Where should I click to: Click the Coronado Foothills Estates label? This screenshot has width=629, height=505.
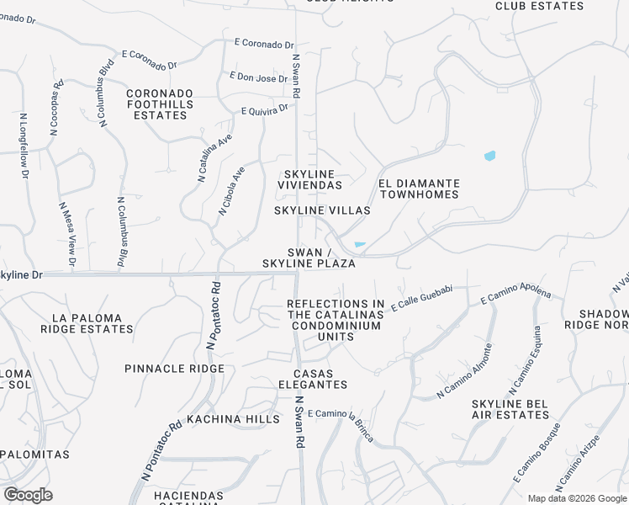(160, 104)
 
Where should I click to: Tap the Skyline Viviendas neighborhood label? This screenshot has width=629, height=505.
(310, 178)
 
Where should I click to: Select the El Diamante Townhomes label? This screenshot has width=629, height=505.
(419, 189)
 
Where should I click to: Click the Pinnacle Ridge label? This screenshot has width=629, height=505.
(174, 369)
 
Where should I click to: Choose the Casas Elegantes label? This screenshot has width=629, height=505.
(320, 379)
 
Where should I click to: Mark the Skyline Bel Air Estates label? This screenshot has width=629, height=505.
(510, 409)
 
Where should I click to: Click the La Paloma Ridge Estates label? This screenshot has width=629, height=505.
(92, 324)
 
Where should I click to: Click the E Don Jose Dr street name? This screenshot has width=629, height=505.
(259, 78)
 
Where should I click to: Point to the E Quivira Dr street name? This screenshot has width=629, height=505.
(265, 109)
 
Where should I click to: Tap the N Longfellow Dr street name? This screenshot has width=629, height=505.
(24, 146)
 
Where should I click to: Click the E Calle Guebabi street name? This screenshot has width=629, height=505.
(422, 295)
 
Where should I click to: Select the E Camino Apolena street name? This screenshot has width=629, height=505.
(515, 295)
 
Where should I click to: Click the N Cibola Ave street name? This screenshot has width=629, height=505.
(232, 189)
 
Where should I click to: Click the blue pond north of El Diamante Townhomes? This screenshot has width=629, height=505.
(489, 156)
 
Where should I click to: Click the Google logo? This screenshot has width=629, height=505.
(28, 495)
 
